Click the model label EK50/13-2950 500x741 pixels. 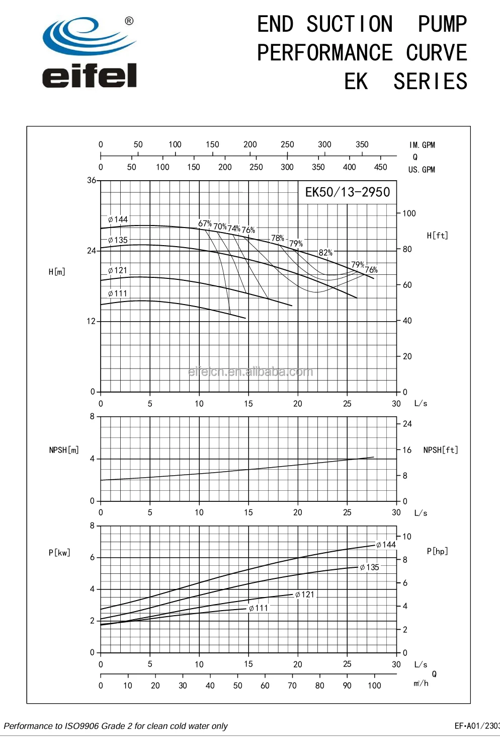coord(348,192)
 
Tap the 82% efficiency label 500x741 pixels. coord(325,253)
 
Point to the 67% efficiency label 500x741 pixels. coord(205,224)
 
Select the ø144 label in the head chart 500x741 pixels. coord(118,219)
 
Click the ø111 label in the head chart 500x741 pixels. coord(118,293)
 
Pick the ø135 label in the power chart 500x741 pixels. coord(370,567)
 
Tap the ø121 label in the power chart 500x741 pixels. coord(305,595)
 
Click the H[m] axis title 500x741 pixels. coord(57,272)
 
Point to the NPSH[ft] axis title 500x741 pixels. coord(441,450)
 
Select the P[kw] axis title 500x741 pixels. coord(59,553)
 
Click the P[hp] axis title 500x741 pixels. coord(437,551)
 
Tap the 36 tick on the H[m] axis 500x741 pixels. coord(91,180)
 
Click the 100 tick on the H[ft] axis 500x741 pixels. coord(409,213)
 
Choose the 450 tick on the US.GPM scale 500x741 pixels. coord(380,167)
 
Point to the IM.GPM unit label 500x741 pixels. coord(422,145)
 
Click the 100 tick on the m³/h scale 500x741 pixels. coord(374,686)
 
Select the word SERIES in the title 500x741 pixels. coord(431,82)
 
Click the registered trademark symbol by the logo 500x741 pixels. coord(129,21)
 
